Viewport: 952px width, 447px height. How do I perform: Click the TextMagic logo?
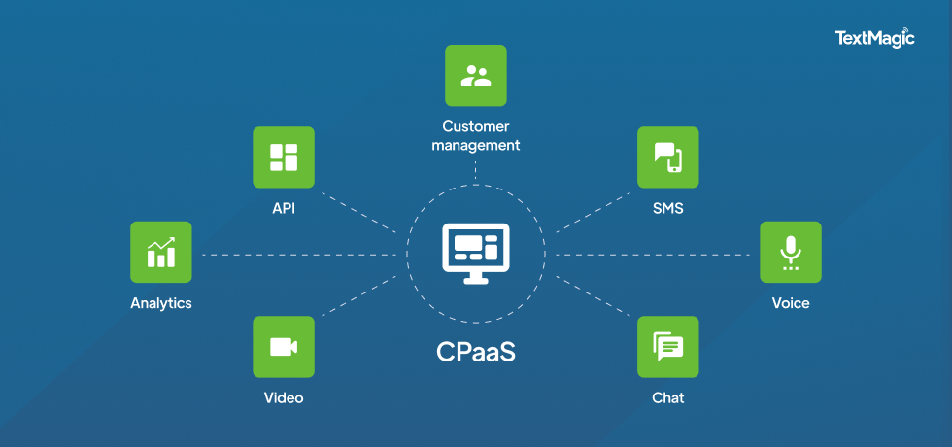coord(874,38)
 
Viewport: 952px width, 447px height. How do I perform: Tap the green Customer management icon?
coord(475,76)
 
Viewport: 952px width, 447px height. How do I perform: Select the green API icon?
coord(284,156)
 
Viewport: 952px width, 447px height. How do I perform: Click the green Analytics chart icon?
coord(161,252)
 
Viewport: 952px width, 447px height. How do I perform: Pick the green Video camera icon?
coord(284,347)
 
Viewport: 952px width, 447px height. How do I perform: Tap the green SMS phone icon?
coord(667,156)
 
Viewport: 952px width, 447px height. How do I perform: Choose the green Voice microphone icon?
coord(790,252)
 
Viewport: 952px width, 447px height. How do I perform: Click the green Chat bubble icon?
coord(667,347)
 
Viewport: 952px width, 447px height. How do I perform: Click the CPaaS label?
coord(475,352)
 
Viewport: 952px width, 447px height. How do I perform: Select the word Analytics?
coord(161,303)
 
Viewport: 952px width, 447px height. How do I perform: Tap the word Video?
coord(284,397)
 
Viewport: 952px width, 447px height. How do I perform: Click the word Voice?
coord(790,303)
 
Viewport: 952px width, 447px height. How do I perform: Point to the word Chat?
coord(667,397)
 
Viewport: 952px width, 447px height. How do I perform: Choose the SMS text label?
coord(667,207)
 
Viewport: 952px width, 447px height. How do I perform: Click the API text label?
coord(284,207)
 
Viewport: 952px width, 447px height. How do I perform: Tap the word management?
coord(475,146)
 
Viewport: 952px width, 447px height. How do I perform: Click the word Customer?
coord(475,126)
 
